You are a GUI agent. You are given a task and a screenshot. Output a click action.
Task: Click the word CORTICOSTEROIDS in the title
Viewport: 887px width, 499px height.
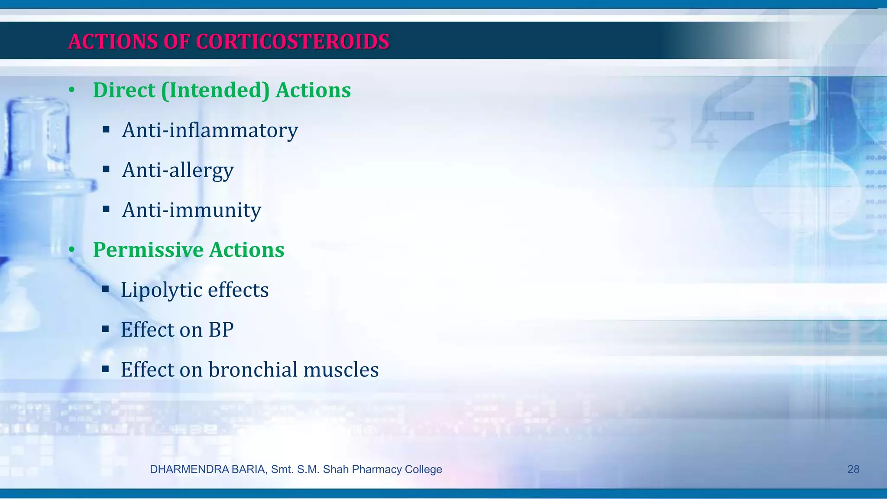pyautogui.click(x=293, y=42)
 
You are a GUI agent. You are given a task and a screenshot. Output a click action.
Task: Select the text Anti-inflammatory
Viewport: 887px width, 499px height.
pyautogui.click(x=210, y=130)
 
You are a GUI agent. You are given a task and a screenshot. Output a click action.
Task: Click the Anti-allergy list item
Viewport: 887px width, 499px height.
pyautogui.click(x=178, y=170)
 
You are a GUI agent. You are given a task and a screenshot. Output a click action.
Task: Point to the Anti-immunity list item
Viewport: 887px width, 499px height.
pyautogui.click(x=191, y=210)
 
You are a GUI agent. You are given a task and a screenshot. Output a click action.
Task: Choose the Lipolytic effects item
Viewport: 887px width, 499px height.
pyautogui.click(x=194, y=290)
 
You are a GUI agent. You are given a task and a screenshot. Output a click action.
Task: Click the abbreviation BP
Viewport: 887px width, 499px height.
pyautogui.click(x=221, y=330)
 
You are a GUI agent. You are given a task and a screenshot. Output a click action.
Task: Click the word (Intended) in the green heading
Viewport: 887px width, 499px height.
pyautogui.click(x=215, y=90)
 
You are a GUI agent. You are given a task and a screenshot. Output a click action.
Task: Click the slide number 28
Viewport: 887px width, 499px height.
pyautogui.click(x=853, y=469)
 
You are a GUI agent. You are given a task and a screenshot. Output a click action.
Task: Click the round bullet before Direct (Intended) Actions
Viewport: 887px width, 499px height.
pyautogui.click(x=72, y=91)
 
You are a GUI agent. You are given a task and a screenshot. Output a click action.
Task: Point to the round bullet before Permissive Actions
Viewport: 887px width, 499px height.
pyautogui.click(x=72, y=250)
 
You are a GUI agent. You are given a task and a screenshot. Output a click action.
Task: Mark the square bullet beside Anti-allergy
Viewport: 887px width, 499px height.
pyautogui.click(x=106, y=169)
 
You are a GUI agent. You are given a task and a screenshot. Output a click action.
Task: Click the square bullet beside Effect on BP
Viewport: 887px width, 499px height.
pyautogui.click(x=105, y=329)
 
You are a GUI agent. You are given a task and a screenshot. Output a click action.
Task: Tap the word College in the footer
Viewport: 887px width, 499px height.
pyautogui.click(x=423, y=469)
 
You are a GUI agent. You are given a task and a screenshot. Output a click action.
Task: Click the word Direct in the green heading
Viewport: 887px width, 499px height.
pyautogui.click(x=124, y=90)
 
